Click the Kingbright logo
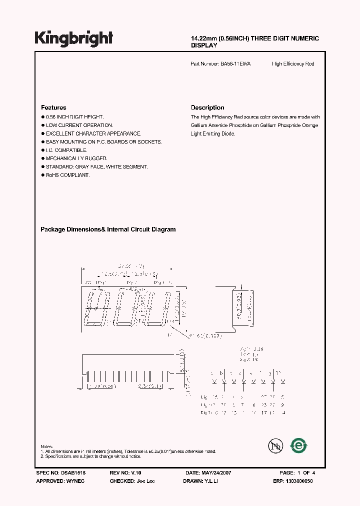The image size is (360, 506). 74,38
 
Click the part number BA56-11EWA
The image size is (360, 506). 236,64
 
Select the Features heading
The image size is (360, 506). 53,107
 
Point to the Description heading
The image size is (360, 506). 207,107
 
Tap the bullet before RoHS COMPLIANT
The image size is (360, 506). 42,175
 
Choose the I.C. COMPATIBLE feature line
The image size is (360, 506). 66,150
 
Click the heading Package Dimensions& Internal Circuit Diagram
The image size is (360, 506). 108,229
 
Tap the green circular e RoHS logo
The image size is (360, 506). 298,444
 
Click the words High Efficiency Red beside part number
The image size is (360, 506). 293,64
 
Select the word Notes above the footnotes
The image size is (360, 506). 46,446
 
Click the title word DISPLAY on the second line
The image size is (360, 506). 204,45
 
